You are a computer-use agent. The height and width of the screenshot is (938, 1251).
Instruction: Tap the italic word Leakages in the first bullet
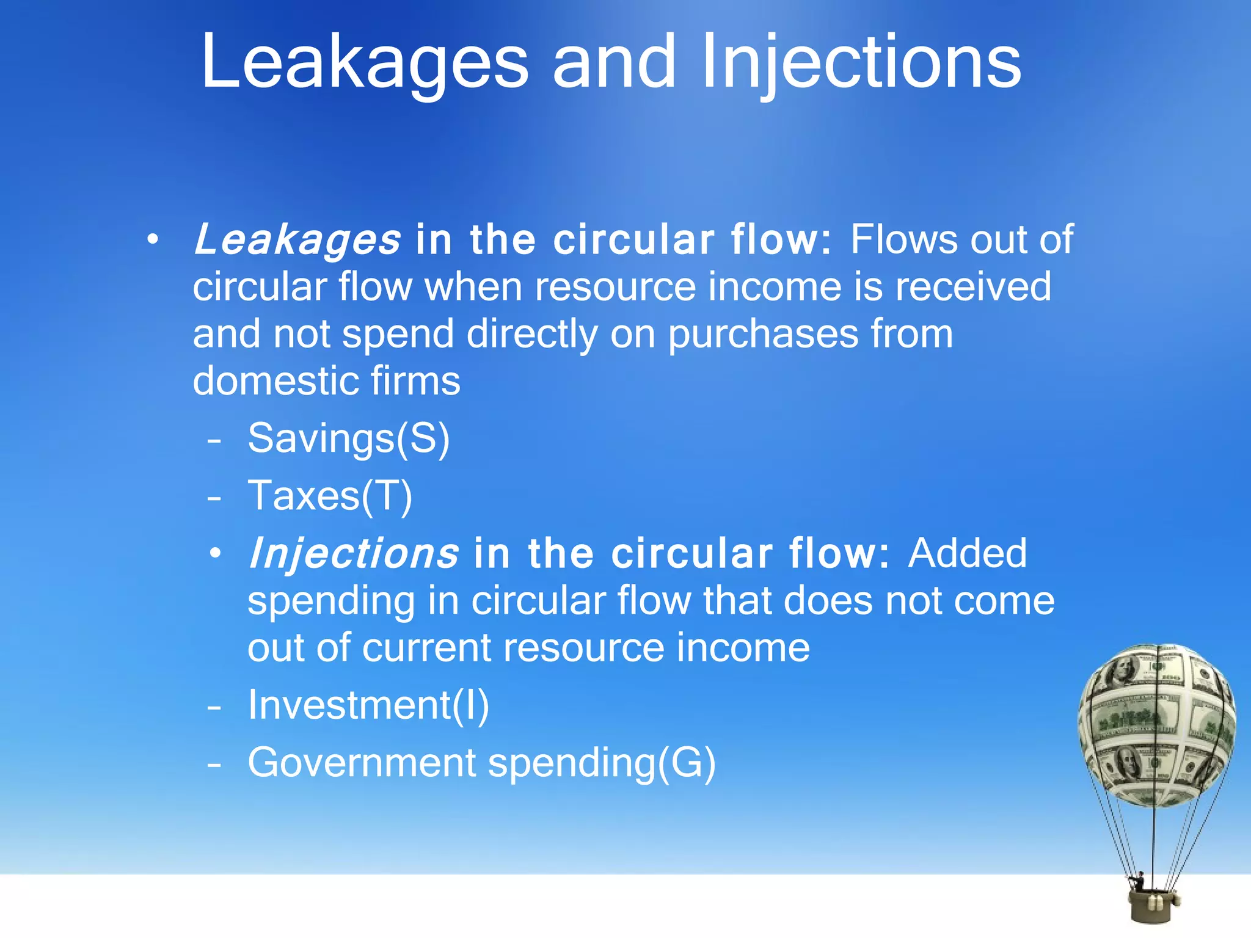(x=297, y=239)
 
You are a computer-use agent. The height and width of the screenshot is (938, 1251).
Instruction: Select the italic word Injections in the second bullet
(x=353, y=553)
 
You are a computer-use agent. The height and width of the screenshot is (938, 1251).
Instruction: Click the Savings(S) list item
(x=348, y=438)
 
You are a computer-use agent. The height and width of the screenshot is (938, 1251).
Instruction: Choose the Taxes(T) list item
(x=330, y=495)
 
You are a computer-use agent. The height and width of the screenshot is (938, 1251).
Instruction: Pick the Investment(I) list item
(x=368, y=705)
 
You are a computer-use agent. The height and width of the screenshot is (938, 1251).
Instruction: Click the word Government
(x=362, y=763)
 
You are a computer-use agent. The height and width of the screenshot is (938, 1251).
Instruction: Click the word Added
(x=967, y=553)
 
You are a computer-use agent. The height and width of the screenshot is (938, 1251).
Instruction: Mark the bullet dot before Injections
(x=214, y=554)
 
